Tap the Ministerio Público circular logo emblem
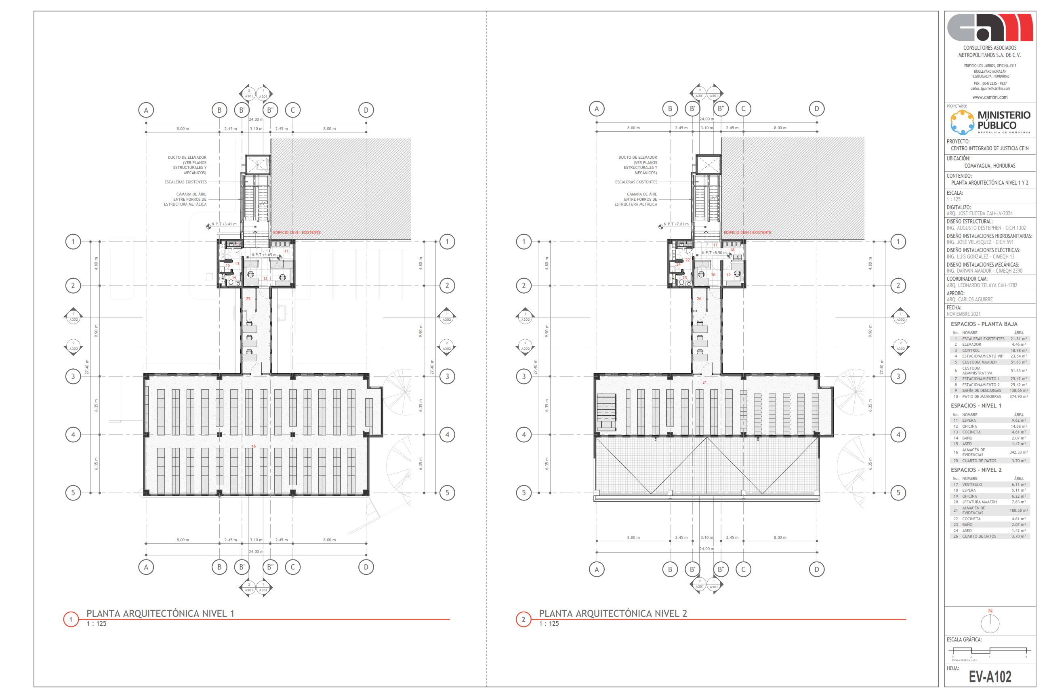coord(962,122)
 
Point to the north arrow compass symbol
coord(990,623)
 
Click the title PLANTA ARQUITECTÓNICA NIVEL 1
coord(160,614)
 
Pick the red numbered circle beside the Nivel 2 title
coord(523,619)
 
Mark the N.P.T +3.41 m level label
coord(224,224)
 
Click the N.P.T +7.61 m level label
coord(676,224)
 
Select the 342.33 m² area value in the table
coord(1018,452)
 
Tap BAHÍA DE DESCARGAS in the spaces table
coord(981,390)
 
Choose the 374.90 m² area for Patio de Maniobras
coord(1018,397)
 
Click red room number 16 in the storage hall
coord(253,446)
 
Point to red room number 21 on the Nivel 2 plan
coord(704,383)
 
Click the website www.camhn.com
coord(990,97)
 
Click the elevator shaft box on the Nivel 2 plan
coord(708,164)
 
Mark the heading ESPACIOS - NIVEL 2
coord(976,470)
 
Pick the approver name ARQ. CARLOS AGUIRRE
coord(969,300)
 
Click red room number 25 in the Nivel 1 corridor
coord(248,299)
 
